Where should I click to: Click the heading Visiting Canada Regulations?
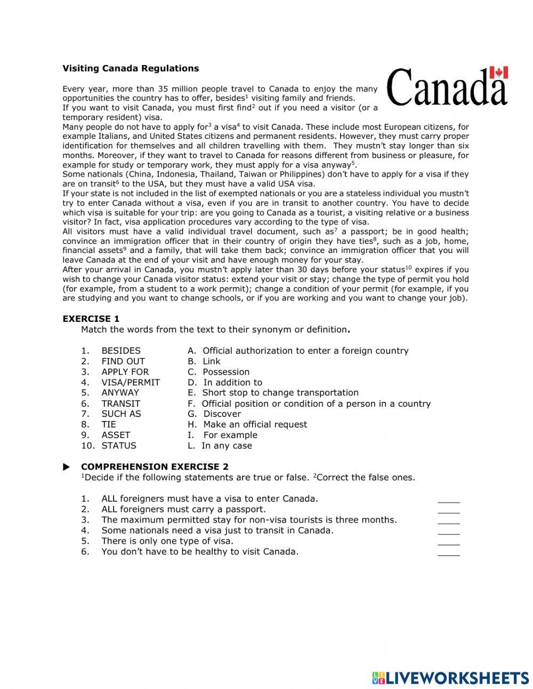[131, 68]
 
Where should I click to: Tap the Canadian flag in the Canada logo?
[498, 73]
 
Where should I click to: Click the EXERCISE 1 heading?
[91, 319]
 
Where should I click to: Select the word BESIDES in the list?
[121, 351]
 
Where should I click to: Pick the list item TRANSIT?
[121, 403]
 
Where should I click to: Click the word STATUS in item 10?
[119, 446]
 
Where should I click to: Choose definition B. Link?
[204, 361]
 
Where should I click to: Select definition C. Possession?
[219, 372]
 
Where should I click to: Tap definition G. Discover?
[214, 414]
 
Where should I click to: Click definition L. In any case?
[220, 446]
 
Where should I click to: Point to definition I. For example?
[222, 435]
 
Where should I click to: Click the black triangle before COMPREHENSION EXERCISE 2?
[67, 467]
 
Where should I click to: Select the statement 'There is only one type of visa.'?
[167, 541]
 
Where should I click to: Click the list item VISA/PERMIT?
[131, 382]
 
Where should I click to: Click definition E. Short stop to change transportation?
[273, 393]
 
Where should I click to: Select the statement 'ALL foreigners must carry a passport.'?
[183, 509]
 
